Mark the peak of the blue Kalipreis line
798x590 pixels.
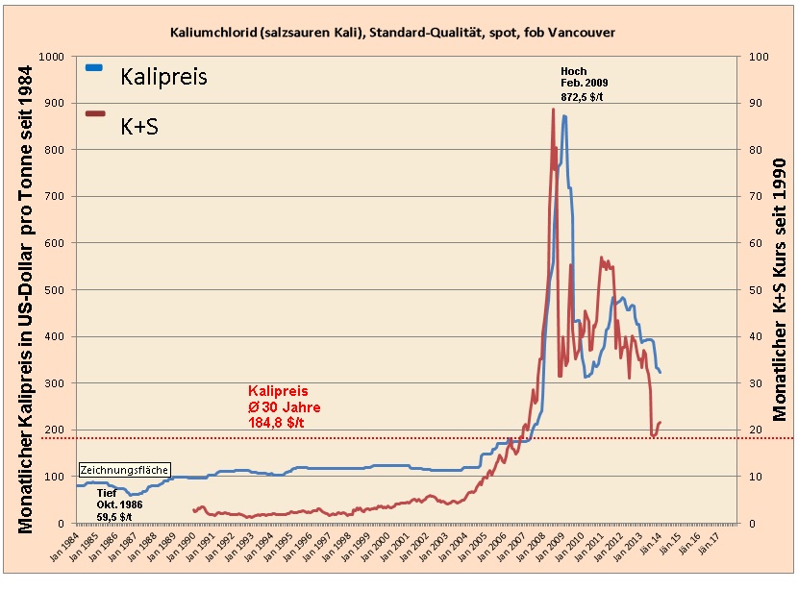tap(564, 116)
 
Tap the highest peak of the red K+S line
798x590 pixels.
tap(553, 110)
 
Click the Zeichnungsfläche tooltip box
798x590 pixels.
tap(124, 471)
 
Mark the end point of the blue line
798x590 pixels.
tap(661, 372)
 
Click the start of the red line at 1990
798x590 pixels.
tap(194, 510)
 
